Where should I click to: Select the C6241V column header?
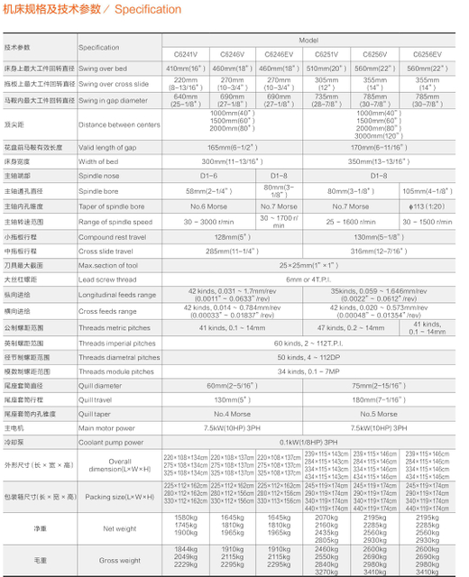click(185, 54)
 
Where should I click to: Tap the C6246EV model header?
click(280, 54)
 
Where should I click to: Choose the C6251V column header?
click(326, 54)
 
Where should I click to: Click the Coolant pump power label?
click(111, 443)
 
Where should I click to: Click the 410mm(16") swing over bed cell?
click(185, 68)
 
